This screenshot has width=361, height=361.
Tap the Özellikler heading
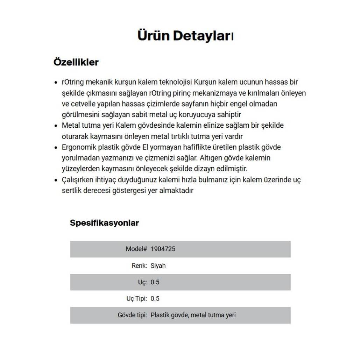click(x=76, y=62)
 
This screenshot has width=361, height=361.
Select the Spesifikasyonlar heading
click(x=104, y=223)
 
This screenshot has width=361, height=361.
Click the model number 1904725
click(x=163, y=249)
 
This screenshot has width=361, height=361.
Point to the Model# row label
click(x=136, y=249)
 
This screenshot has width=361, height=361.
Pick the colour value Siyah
click(x=158, y=266)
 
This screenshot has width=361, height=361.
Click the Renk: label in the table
click(x=139, y=266)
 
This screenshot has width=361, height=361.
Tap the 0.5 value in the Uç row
click(x=155, y=282)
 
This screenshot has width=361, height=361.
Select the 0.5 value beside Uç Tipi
click(x=155, y=298)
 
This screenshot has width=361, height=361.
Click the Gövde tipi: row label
click(x=132, y=315)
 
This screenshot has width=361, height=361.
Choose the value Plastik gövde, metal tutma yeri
click(x=193, y=315)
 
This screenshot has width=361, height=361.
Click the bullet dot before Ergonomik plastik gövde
click(x=56, y=147)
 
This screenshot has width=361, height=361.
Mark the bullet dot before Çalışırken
click(x=56, y=180)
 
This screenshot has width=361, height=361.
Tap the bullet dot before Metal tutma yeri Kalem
click(x=56, y=126)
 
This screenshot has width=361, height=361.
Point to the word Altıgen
click(x=211, y=158)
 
